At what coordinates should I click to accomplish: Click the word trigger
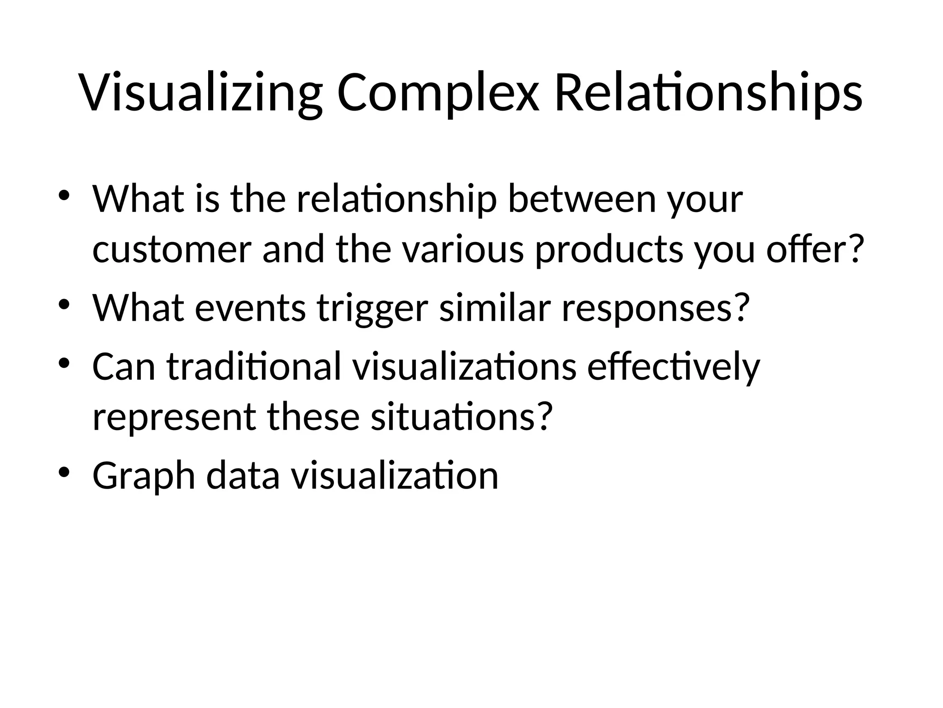pyautogui.click(x=373, y=308)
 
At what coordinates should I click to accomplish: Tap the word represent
pyautogui.click(x=174, y=418)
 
